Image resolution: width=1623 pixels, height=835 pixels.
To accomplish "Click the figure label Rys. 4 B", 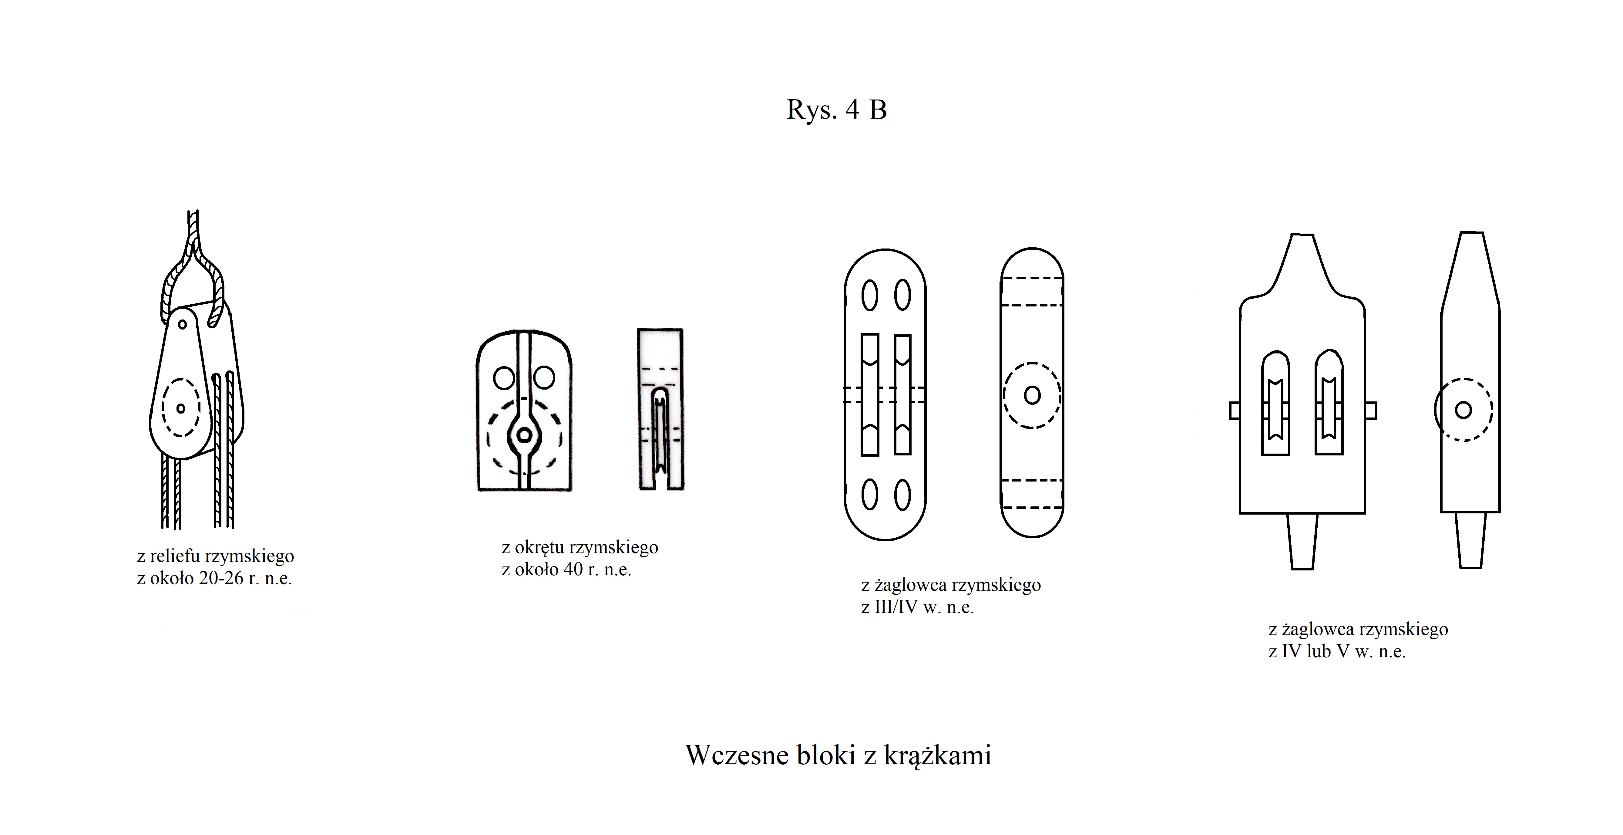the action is coord(837,110).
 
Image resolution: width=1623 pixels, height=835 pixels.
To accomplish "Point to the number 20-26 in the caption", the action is coord(221,579).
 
